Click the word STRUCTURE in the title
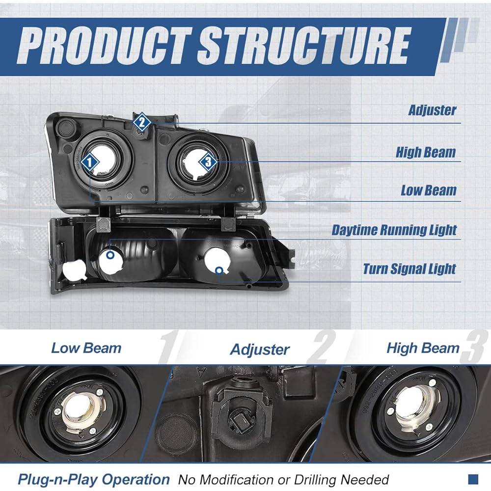(303, 45)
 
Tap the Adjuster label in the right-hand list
(432, 110)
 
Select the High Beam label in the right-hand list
(426, 152)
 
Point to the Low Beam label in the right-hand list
(428, 191)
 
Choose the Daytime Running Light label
(394, 230)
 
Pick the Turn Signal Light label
(409, 269)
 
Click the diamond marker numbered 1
(89, 161)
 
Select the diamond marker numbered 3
(208, 161)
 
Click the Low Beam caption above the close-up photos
(86, 349)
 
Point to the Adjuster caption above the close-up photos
(260, 350)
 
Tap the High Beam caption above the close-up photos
(423, 349)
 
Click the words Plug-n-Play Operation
(93, 479)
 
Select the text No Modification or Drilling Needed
(283, 479)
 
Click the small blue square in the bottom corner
(473, 478)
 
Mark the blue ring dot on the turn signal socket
(219, 270)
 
